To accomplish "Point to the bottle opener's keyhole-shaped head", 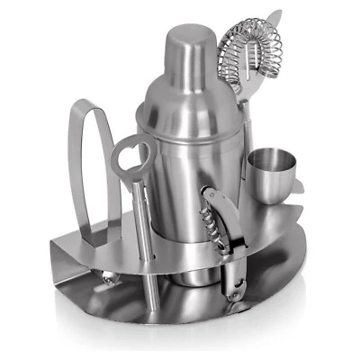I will point(131,158).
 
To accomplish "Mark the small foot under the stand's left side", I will point(104,280).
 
